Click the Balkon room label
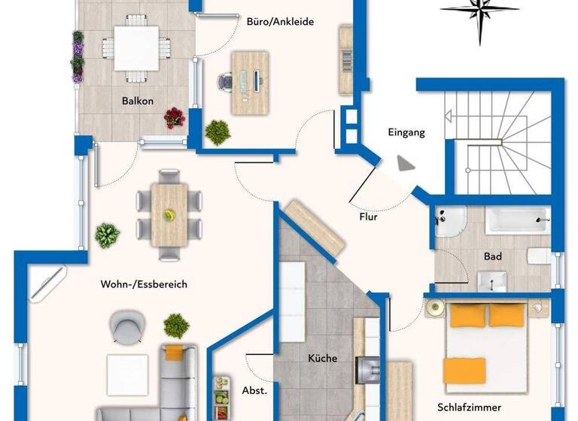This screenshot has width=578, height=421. point(138,100)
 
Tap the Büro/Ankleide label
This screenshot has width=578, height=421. point(280,21)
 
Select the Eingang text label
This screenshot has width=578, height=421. point(406,132)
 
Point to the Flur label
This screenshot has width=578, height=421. point(368,218)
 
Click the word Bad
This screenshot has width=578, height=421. point(492,256)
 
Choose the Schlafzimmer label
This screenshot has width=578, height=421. point(469,407)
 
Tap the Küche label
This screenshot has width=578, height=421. point(322,359)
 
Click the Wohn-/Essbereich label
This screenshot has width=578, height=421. point(143,284)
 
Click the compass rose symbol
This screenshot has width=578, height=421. point(480,11)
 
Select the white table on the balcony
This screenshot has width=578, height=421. point(136,47)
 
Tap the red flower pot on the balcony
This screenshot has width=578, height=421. point(175,117)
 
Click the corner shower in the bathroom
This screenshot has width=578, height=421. point(449,223)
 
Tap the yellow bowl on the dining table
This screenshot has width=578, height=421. point(169,216)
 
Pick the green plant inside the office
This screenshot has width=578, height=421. point(218,132)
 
